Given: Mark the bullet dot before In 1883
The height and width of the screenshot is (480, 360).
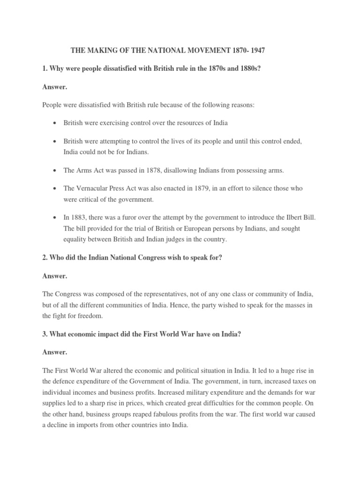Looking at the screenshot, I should point(55,218).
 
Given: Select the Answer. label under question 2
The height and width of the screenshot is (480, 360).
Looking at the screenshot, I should point(55,276).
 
